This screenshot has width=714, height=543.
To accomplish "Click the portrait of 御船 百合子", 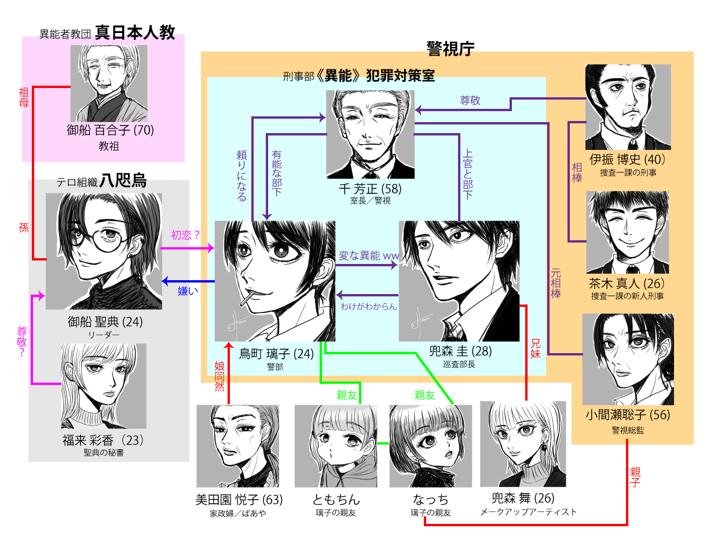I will pos(109,83).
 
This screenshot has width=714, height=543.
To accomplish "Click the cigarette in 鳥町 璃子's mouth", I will pos(250,299).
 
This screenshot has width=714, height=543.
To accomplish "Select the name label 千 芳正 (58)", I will pos(371,189).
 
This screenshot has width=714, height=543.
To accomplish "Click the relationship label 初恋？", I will pos(185,235).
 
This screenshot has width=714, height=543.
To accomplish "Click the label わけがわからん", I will pos(369,306).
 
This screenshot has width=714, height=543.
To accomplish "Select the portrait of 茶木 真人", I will pos(627,232).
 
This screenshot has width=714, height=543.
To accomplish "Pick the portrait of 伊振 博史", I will pos(628,107).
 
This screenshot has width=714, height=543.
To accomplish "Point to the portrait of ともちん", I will pos(336,446).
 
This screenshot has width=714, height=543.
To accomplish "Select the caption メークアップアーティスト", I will pos(528,512).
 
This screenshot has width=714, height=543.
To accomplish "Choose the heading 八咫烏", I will pos(123,181).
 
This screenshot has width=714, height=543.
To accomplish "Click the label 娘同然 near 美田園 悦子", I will pos(219,376).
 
